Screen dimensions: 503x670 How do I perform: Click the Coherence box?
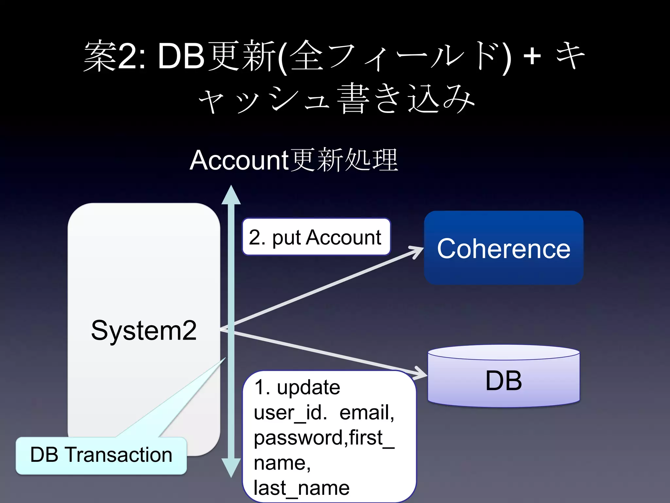coord(503,248)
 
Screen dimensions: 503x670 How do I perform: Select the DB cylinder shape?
coord(503,377)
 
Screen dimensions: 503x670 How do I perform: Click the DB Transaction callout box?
coord(101,455)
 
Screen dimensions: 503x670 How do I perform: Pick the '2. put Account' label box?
coord(316,237)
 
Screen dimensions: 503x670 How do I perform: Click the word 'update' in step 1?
coord(308,387)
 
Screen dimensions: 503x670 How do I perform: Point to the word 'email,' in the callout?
coord(367,413)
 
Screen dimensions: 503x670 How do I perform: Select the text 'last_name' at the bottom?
coord(301,488)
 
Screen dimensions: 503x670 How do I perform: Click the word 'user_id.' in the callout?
coord(290,413)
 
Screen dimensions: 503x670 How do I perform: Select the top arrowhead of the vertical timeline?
coord(231,195)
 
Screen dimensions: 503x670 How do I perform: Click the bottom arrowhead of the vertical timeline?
coord(231,468)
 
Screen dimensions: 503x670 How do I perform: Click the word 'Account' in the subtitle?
coord(239,160)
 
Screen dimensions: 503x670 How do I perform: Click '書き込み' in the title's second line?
coord(406,98)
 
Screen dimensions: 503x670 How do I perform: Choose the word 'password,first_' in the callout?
coord(324,438)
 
